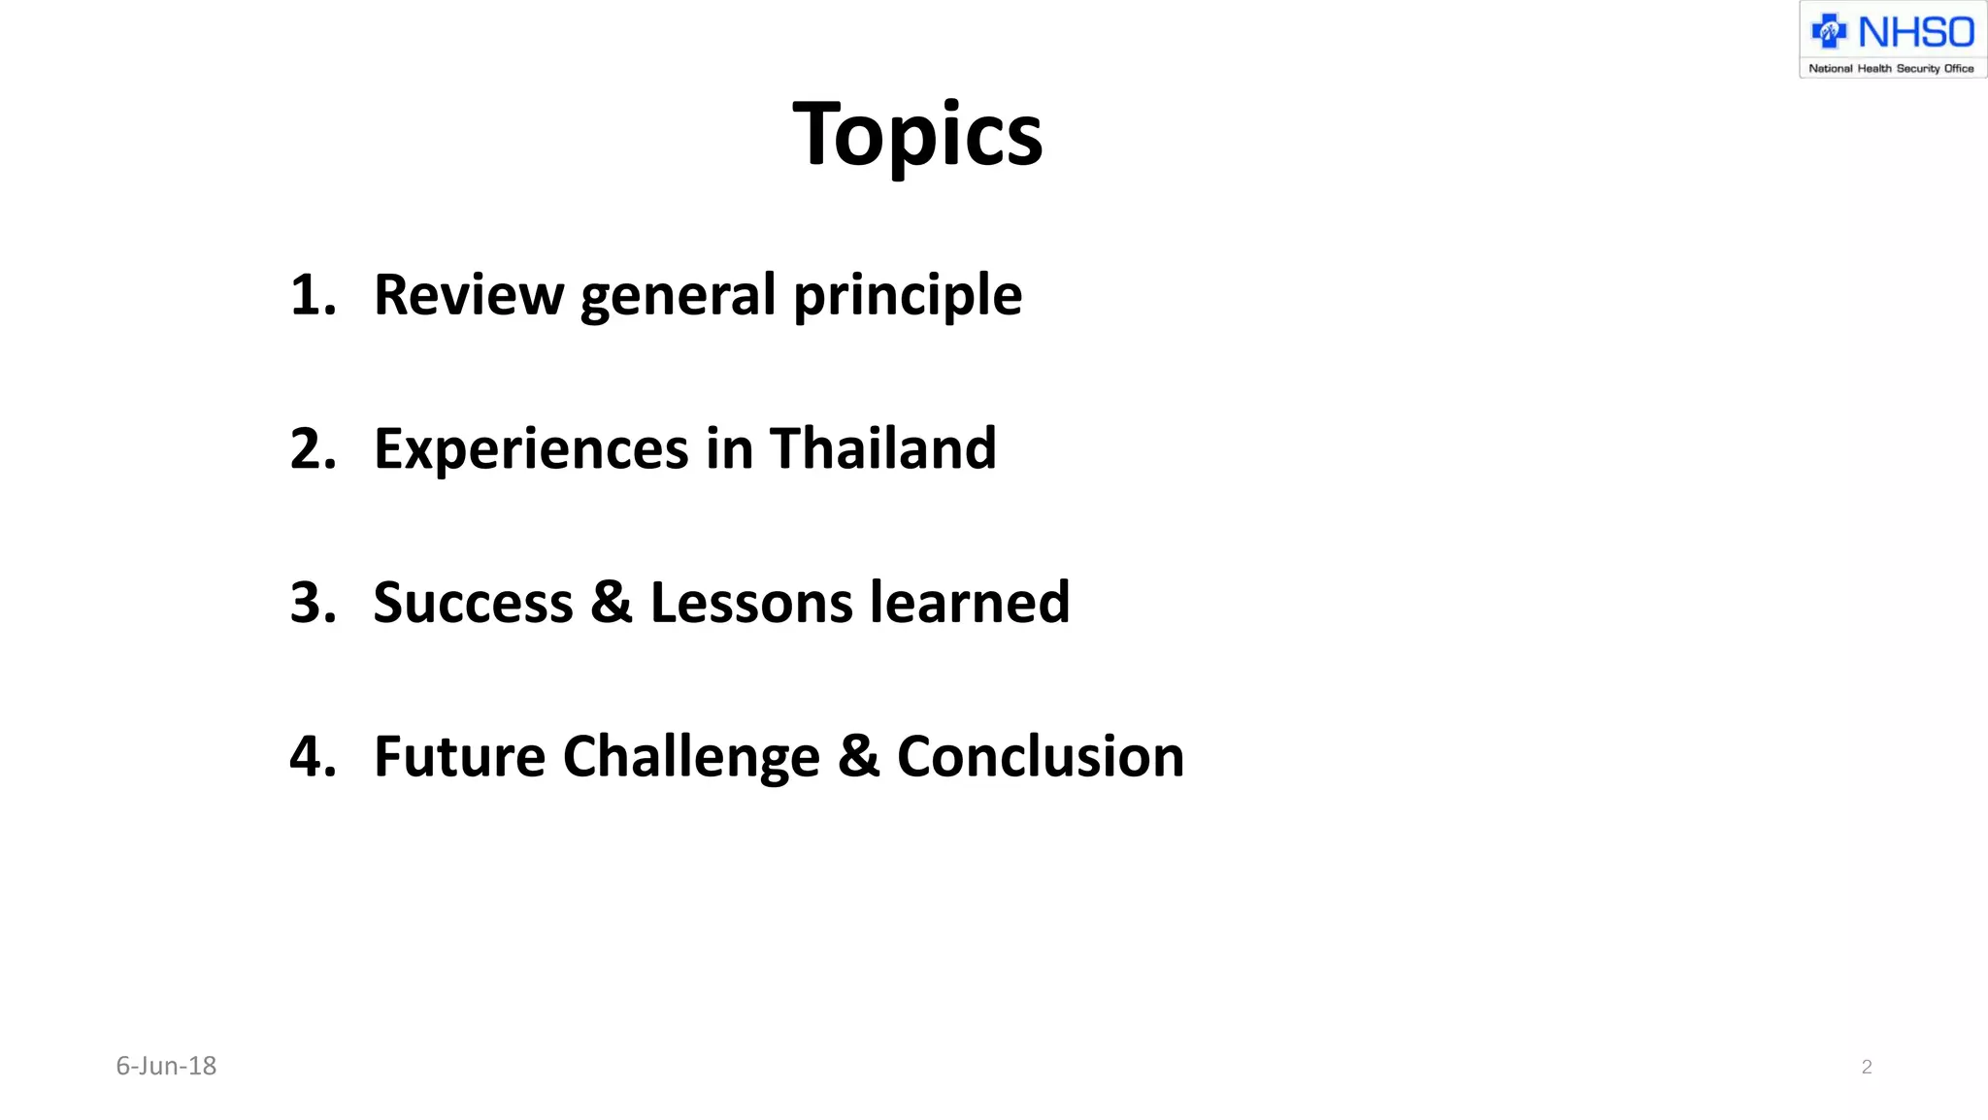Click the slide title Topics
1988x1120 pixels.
pyautogui.click(x=917, y=135)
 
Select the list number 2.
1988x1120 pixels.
pyautogui.click(x=313, y=448)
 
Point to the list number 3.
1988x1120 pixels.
pyautogui.click(x=313, y=602)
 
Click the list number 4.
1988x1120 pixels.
pyautogui.click(x=313, y=756)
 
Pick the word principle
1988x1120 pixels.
pyautogui.click(x=908, y=296)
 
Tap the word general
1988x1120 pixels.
pyautogui.click(x=679, y=296)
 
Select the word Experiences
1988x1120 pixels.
pyautogui.click(x=531, y=449)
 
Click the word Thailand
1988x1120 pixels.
pyautogui.click(x=882, y=448)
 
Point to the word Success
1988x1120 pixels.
pyautogui.click(x=473, y=603)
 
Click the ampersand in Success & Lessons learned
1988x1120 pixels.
pyautogui.click(x=612, y=603)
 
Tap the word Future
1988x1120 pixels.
pyautogui.click(x=459, y=757)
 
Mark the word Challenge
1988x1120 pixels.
pyautogui.click(x=691, y=758)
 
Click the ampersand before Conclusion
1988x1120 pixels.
pyautogui.click(x=858, y=757)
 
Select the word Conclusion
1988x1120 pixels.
pyautogui.click(x=1040, y=757)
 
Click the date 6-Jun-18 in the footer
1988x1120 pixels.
pyautogui.click(x=166, y=1066)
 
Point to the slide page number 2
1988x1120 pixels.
pyautogui.click(x=1866, y=1068)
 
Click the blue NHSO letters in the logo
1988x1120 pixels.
pyautogui.click(x=1915, y=33)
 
